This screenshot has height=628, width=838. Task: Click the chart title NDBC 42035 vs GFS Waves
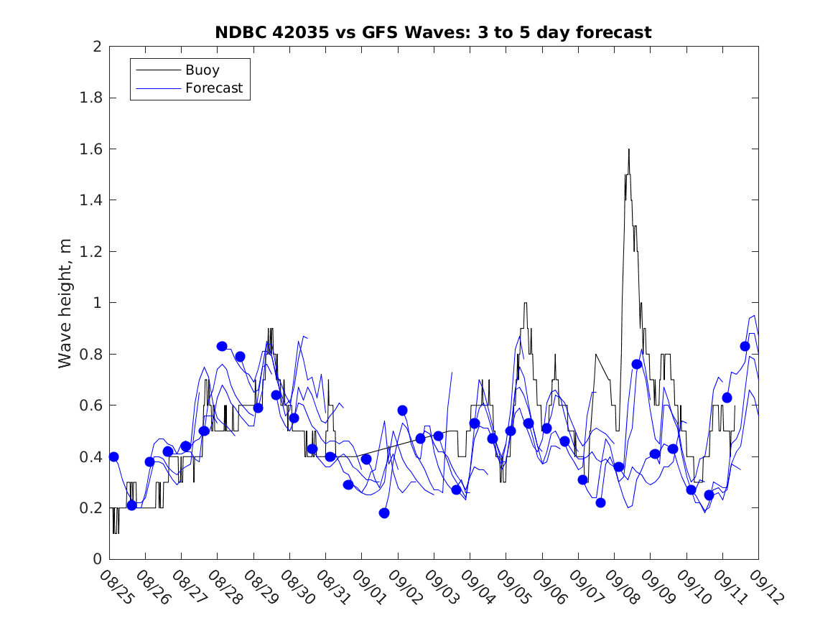click(x=433, y=32)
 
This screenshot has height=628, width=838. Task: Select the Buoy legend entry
click(x=202, y=70)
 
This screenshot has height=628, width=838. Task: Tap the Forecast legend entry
click(x=213, y=89)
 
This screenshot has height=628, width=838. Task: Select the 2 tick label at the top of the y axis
click(x=96, y=47)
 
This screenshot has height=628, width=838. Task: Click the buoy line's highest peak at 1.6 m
click(x=628, y=149)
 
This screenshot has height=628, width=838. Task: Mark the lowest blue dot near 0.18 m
click(x=384, y=513)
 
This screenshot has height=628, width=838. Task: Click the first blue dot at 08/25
click(x=113, y=456)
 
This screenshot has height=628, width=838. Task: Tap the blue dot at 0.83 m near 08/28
click(x=222, y=346)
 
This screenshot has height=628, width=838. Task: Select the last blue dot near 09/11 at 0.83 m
click(x=745, y=346)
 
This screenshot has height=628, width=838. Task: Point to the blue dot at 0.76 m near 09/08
click(x=636, y=364)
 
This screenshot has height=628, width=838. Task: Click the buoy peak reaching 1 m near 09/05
click(x=525, y=303)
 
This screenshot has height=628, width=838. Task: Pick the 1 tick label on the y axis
click(x=96, y=303)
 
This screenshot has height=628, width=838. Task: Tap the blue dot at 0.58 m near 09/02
click(x=402, y=411)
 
